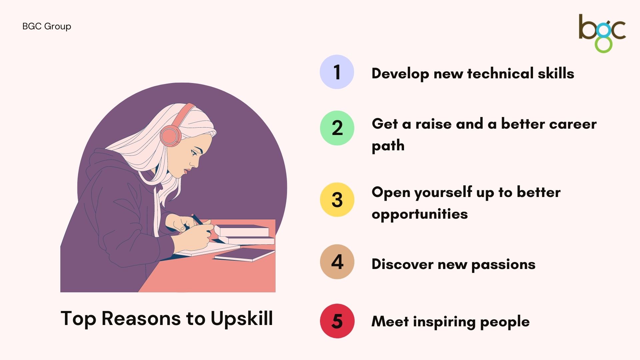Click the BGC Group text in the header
coord(47,26)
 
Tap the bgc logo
coord(602,33)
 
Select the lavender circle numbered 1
coord(337,72)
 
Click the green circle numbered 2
coord(337,128)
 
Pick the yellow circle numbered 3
coord(337,200)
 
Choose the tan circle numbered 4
coord(337,262)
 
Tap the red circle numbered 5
coord(337,321)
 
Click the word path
coord(388,146)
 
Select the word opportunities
coord(420,214)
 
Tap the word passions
coord(503,265)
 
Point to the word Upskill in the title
coord(242,319)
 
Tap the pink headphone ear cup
coord(170,136)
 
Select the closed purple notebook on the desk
coord(245,255)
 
